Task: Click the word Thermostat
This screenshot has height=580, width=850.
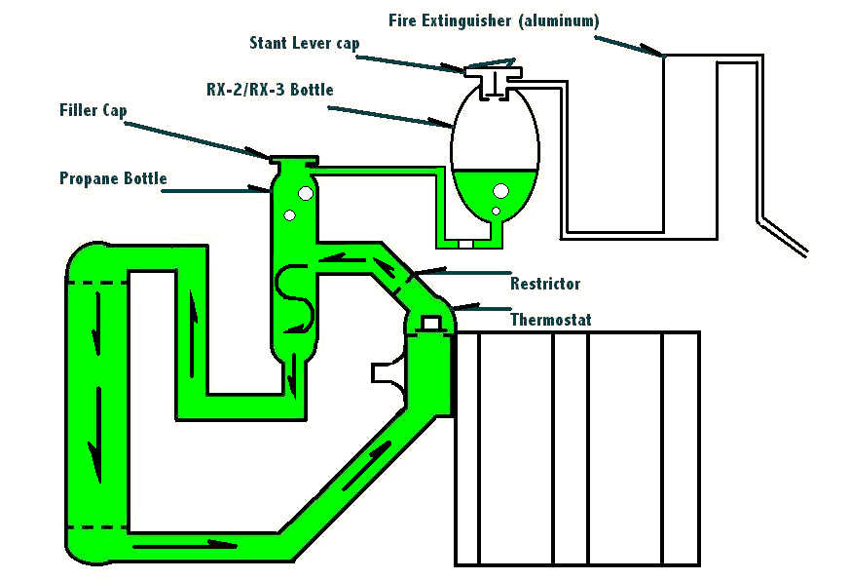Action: pyautogui.click(x=550, y=319)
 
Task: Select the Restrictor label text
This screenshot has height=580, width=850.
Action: pyautogui.click(x=545, y=284)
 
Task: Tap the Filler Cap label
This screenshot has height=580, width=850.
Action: pyautogui.click(x=92, y=111)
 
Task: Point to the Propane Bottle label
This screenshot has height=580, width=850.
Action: pyautogui.click(x=113, y=178)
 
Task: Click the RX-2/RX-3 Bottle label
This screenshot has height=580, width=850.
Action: pyautogui.click(x=277, y=91)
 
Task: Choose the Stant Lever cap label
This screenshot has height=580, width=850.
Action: pyautogui.click(x=304, y=43)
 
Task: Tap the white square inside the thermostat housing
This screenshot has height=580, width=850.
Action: pyautogui.click(x=429, y=322)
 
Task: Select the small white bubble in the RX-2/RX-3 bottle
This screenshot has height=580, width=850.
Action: pyautogui.click(x=496, y=211)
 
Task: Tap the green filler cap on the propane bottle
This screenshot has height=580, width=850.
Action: pyautogui.click(x=293, y=162)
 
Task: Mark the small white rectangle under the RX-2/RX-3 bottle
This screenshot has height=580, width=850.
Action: pyautogui.click(x=465, y=244)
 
